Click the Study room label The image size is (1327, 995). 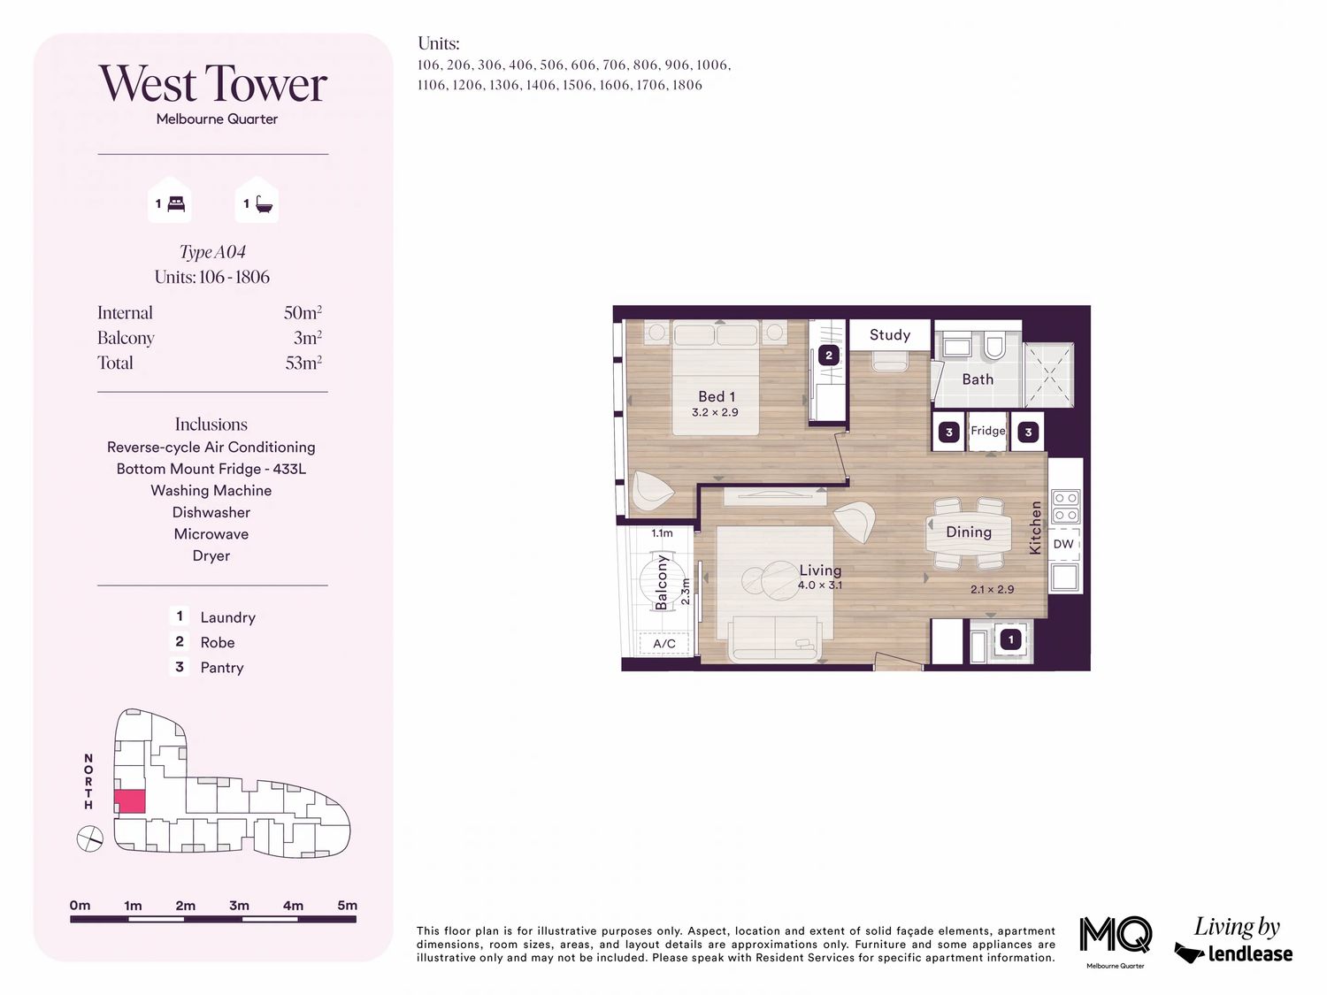pyautogui.click(x=889, y=334)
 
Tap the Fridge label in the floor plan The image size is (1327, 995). pyautogui.click(x=987, y=431)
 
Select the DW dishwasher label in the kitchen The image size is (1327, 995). pyautogui.click(x=1063, y=544)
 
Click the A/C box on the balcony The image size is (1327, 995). pyautogui.click(x=663, y=643)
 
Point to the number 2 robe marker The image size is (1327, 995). pyautogui.click(x=829, y=356)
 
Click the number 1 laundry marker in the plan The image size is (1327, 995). pyautogui.click(x=1010, y=639)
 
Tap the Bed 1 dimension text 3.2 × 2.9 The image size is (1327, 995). pyautogui.click(x=715, y=413)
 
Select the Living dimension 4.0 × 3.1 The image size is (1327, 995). pyautogui.click(x=820, y=585)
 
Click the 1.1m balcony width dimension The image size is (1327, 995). pyautogui.click(x=662, y=533)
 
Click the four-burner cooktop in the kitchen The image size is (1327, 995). pyautogui.click(x=1066, y=506)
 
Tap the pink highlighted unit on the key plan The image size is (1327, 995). pyautogui.click(x=130, y=801)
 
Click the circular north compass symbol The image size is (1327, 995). pyautogui.click(x=89, y=838)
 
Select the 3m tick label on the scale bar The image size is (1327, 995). pyautogui.click(x=240, y=906)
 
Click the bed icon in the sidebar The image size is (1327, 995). pyautogui.click(x=175, y=204)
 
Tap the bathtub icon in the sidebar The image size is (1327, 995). pyautogui.click(x=264, y=204)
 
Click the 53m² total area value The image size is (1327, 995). pyautogui.click(x=303, y=363)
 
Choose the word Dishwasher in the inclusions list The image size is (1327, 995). pyautogui.click(x=211, y=512)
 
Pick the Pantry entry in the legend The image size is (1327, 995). pyautogui.click(x=222, y=668)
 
